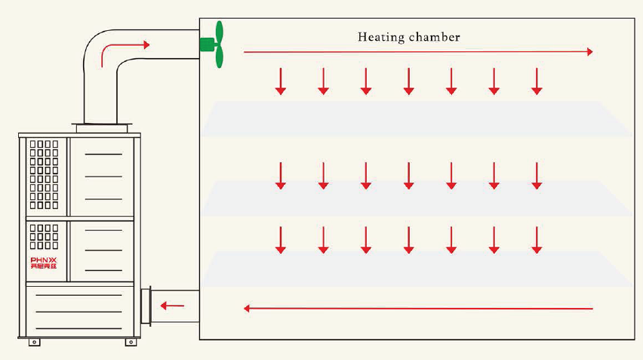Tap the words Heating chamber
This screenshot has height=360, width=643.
coord(408,36)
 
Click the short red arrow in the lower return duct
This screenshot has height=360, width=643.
coord(173,306)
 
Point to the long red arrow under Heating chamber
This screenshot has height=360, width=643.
coord(417,52)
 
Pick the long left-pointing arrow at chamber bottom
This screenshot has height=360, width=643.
coord(417,308)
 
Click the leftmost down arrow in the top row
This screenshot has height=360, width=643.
coord(281,81)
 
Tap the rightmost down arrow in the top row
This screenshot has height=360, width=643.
coord(537,81)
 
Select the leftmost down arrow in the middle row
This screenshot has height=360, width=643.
coord(281,175)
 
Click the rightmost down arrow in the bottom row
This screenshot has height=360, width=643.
coord(537,239)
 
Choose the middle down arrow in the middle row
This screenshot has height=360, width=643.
coord(408,175)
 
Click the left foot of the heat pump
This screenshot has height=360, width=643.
coord(34,343)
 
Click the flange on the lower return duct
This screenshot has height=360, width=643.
coord(146,306)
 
